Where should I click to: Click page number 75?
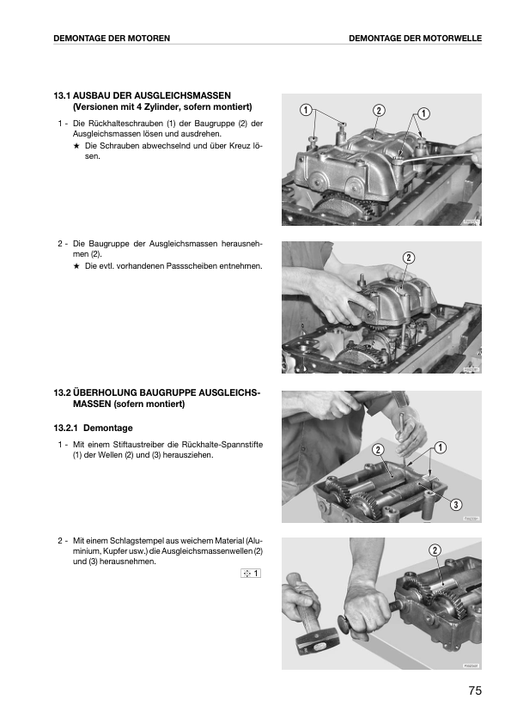475,690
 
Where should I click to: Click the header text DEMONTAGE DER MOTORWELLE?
415,39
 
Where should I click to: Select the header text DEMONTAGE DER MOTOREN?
112,39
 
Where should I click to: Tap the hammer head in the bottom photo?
317,640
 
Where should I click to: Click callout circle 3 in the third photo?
456,504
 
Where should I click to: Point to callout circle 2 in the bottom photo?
435,550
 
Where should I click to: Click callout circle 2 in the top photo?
378,110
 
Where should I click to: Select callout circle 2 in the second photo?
409,258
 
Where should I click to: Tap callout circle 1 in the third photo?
440,447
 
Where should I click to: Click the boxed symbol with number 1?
251,573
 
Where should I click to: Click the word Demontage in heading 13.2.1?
108,428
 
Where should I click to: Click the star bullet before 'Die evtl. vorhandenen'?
76,266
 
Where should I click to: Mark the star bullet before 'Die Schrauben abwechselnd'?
76,146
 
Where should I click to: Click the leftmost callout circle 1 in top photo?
305,110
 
